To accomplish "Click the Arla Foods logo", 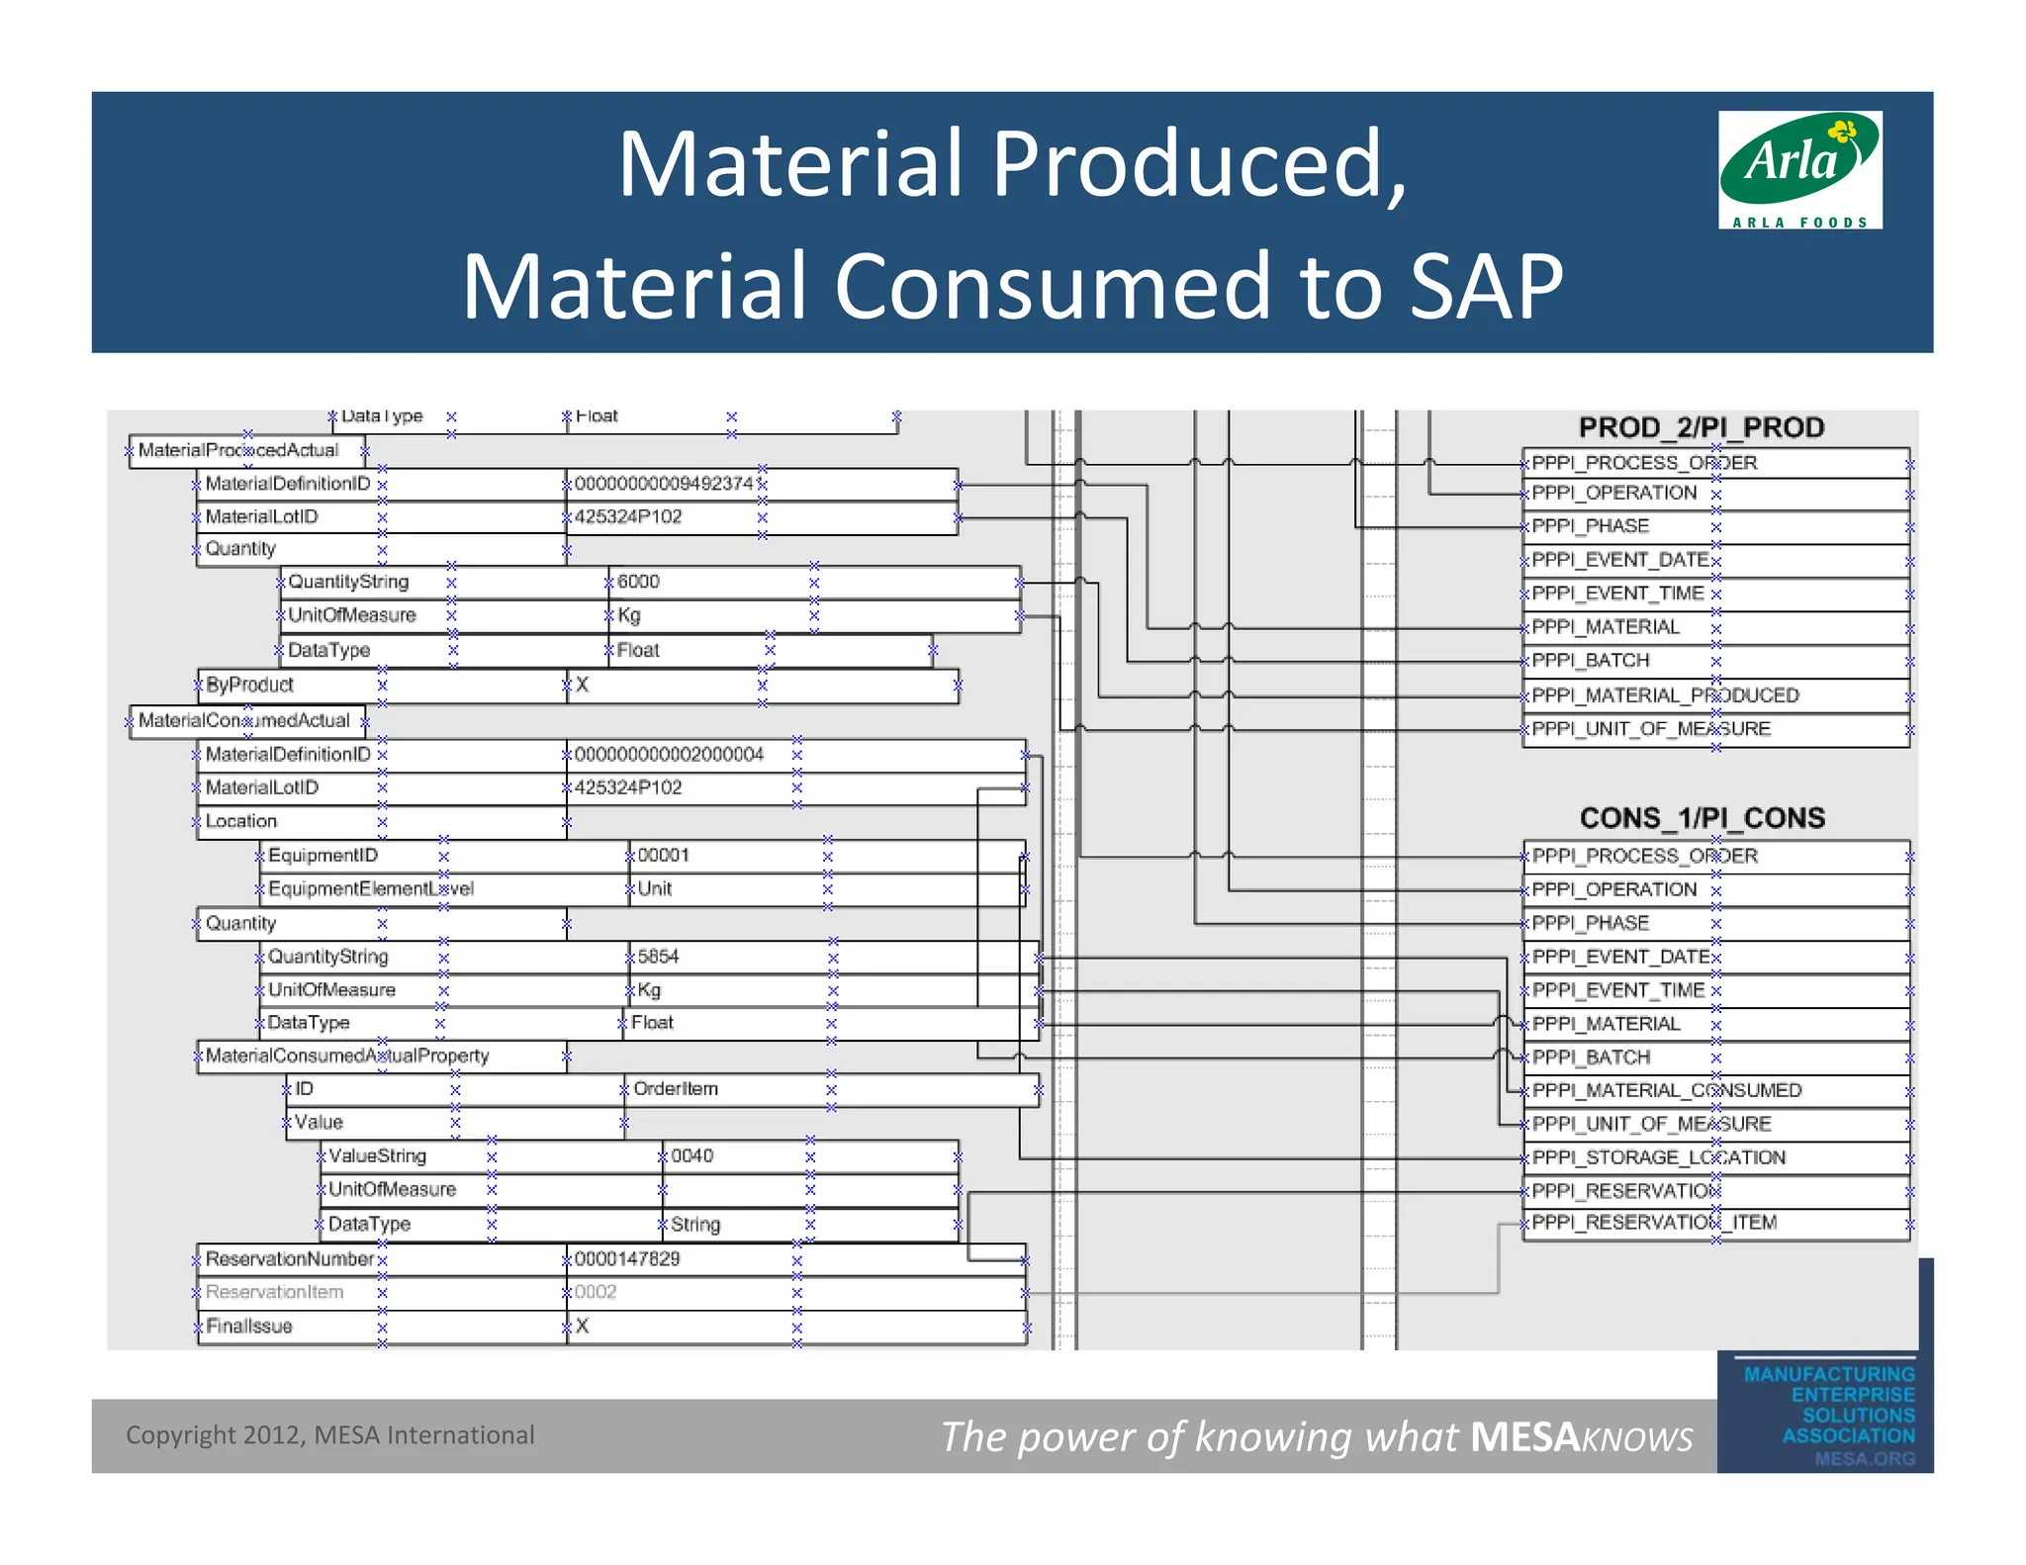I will (1799, 169).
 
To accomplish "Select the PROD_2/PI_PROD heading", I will (1701, 427).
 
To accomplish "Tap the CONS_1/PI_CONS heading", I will (1702, 818).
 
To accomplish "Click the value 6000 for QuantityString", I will (638, 582).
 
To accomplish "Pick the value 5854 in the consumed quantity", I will (658, 957).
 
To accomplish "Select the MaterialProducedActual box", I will (238, 451).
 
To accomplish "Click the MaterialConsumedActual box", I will (243, 721).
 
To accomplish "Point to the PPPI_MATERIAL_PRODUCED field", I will (1665, 695).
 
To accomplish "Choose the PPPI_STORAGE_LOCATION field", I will (1658, 1157).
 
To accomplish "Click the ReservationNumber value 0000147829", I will (627, 1259).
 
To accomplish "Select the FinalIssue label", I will (248, 1327).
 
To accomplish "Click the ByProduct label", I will (249, 685).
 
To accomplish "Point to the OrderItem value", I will (676, 1089).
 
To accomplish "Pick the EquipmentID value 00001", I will (663, 855).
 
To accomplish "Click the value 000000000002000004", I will (669, 755).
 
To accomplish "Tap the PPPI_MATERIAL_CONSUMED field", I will (1666, 1090).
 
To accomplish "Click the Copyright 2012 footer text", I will (329, 1435).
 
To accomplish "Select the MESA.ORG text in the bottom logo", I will (1864, 1459).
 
